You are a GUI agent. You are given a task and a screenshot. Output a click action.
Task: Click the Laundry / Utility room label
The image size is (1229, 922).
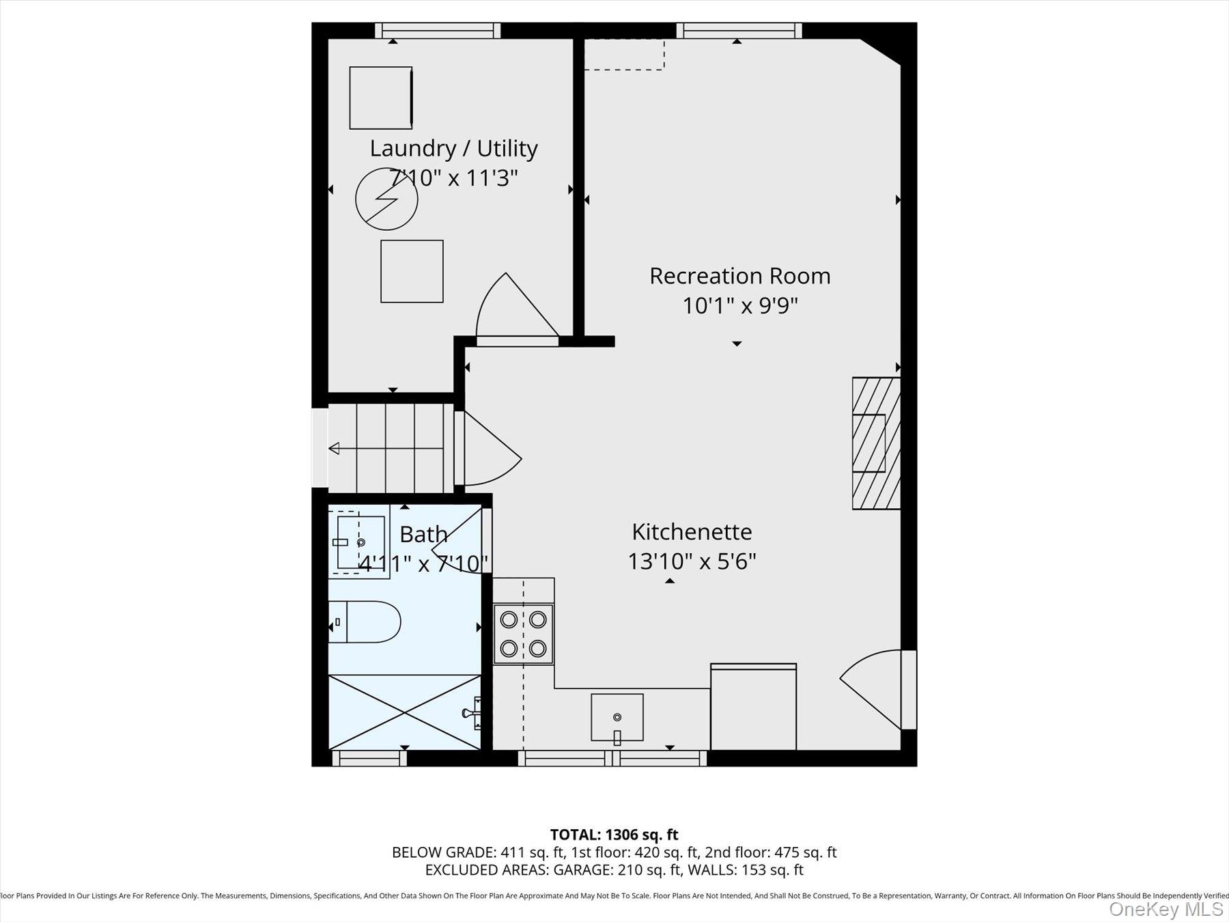click(453, 148)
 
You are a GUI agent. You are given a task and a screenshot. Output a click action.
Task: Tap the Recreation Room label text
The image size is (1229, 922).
click(739, 276)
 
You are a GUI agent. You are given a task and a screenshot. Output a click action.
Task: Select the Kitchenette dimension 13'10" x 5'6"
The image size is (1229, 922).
click(691, 561)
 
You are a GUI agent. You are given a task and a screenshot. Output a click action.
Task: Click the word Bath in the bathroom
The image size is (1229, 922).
click(423, 534)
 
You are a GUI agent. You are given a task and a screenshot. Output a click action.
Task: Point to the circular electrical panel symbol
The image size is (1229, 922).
click(386, 199)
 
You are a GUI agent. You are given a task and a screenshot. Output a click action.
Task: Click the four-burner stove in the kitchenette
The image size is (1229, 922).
click(523, 633)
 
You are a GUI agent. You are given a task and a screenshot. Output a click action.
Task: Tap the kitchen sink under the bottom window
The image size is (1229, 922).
click(617, 717)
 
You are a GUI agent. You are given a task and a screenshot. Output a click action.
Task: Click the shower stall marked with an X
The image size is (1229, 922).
click(404, 712)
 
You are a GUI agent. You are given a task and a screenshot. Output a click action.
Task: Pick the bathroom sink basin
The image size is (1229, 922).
click(360, 542)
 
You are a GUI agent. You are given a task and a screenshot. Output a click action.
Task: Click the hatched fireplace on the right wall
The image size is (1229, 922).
click(875, 443)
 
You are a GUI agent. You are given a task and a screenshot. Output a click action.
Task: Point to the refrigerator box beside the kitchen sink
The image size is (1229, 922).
click(753, 708)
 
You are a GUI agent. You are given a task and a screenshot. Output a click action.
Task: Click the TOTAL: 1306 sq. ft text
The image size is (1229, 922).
click(614, 835)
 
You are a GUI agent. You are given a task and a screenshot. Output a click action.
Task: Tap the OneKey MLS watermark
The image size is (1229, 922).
click(1166, 909)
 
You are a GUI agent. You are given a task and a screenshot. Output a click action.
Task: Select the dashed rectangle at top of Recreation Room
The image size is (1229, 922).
click(624, 55)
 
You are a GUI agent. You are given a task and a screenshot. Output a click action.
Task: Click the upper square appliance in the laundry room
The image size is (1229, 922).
click(380, 98)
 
